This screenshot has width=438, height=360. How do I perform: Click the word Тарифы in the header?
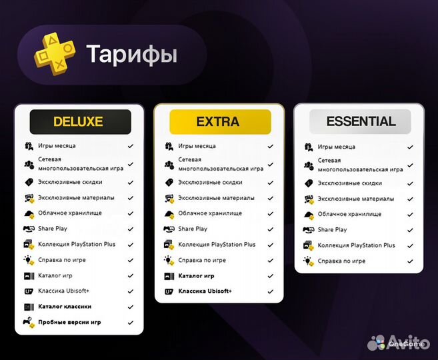click(x=131, y=54)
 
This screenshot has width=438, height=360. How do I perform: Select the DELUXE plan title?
click(x=79, y=122)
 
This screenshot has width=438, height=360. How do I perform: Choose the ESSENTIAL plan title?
click(x=361, y=121)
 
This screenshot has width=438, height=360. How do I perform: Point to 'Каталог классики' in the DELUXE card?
click(x=65, y=307)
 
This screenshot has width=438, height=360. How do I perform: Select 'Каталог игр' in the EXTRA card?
click(x=196, y=276)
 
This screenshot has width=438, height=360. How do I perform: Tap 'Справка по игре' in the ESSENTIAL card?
click(x=341, y=261)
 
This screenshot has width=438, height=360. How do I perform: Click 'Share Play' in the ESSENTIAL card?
click(x=332, y=229)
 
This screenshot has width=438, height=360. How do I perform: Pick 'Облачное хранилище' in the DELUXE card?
click(x=70, y=213)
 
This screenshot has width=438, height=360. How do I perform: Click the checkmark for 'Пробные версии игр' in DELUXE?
click(x=131, y=323)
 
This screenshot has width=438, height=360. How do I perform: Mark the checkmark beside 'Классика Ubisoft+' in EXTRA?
click(x=270, y=291)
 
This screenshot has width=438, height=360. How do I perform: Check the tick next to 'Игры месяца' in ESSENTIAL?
click(x=411, y=146)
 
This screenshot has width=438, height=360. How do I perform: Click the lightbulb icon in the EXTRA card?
click(x=169, y=260)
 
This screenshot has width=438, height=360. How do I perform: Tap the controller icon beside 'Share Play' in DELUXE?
click(x=29, y=229)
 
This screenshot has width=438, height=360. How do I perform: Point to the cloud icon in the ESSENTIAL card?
click(x=309, y=214)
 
